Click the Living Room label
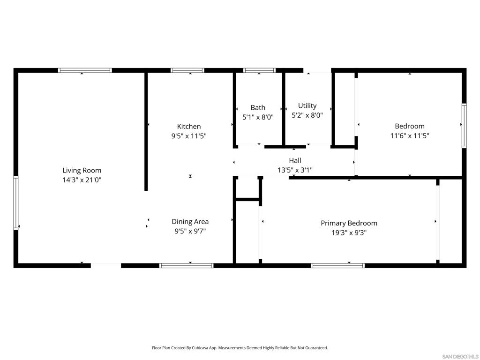click(82, 170)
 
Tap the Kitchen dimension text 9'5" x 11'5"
click(189, 136)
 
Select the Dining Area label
click(190, 222)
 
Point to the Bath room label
click(258, 107)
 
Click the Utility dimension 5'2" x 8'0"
click(307, 115)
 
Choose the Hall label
click(295, 161)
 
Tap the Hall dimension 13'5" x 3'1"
click(295, 170)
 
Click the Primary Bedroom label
click(349, 223)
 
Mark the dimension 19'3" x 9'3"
click(349, 232)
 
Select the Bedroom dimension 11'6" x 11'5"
click(410, 135)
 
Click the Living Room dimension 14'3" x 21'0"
click(82, 180)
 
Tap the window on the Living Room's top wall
click(85, 70)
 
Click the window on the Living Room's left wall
click(16, 203)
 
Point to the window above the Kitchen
click(187, 70)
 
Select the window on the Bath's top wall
click(259, 70)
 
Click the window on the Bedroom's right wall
click(464, 126)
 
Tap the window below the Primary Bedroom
click(337, 265)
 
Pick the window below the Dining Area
click(187, 265)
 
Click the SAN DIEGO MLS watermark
click(460, 356)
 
